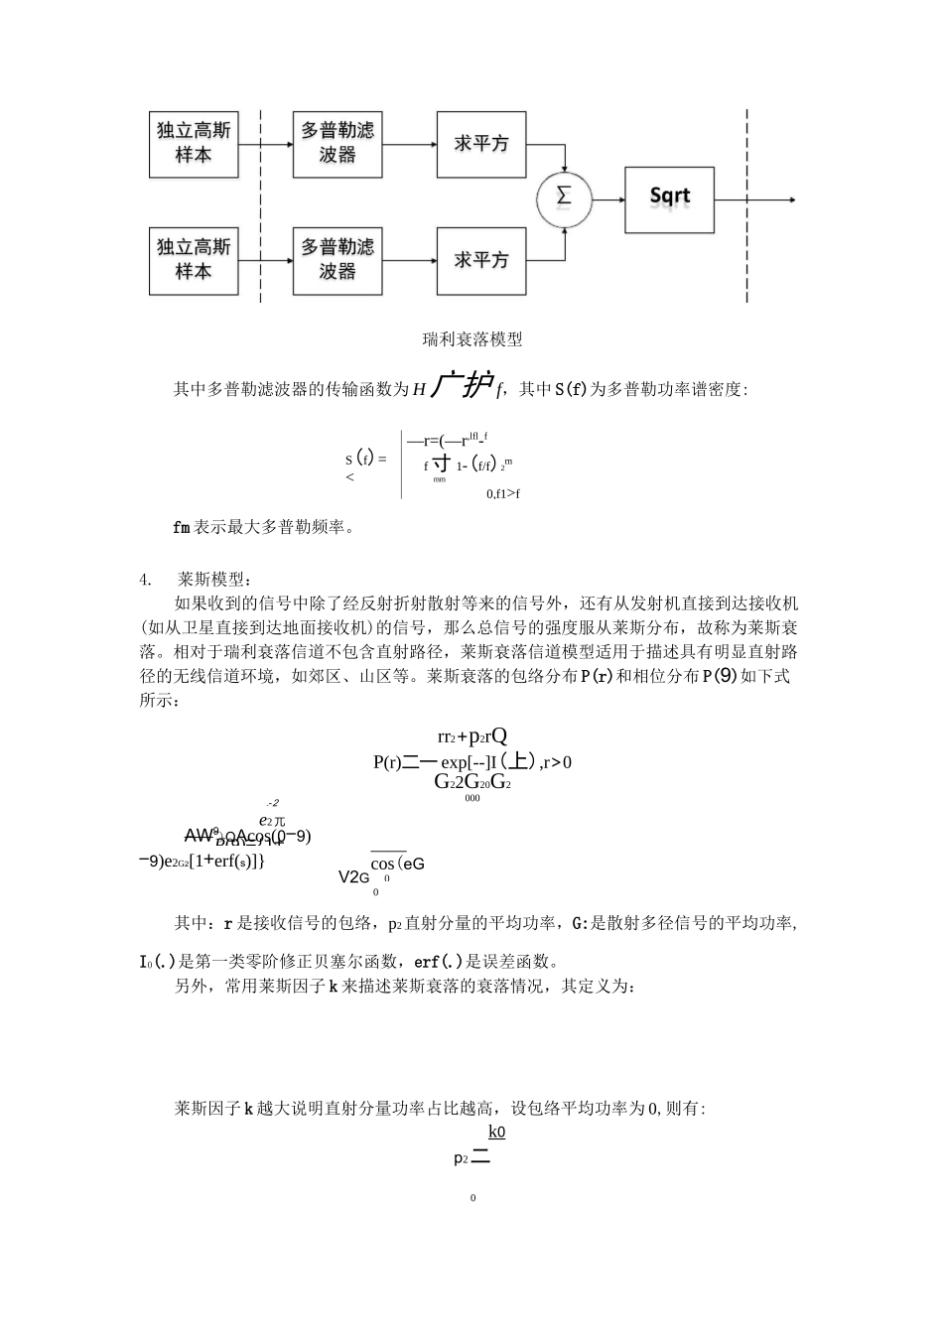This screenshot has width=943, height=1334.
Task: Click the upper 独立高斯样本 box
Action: click(194, 144)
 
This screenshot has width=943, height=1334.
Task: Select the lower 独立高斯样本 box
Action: click(194, 260)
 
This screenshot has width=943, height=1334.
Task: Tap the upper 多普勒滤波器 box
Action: click(337, 144)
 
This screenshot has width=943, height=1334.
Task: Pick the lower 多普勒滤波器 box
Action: click(337, 260)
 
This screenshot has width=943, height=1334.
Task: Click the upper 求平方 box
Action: click(481, 144)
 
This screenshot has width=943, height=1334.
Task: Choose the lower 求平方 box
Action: click(481, 260)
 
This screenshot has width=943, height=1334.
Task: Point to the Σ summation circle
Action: click(564, 198)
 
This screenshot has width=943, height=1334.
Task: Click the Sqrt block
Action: click(669, 198)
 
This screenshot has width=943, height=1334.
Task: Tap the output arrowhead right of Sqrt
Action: click(791, 200)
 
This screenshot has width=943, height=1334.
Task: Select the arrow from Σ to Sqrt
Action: click(607, 199)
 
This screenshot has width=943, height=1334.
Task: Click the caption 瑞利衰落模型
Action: click(472, 339)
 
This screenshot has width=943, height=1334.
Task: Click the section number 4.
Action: click(145, 579)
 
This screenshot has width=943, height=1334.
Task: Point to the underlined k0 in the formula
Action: click(496, 1132)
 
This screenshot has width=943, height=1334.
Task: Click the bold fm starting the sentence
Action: click(181, 527)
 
